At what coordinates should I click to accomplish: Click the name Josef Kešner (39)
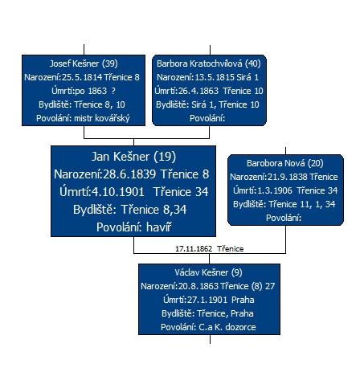click(84, 63)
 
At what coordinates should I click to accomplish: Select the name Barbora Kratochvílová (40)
click(209, 63)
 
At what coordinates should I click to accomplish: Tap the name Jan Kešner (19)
click(133, 157)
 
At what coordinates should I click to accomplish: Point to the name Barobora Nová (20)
click(285, 163)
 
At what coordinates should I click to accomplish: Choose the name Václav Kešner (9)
click(208, 272)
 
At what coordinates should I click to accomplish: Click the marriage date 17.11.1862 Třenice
click(210, 249)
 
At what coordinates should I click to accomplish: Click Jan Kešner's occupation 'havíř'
click(158, 227)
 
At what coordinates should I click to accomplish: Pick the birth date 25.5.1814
click(82, 77)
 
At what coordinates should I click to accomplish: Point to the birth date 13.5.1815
click(214, 77)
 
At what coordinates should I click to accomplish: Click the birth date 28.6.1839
click(129, 174)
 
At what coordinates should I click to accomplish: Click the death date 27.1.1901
click(207, 300)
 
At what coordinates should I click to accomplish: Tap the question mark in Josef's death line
click(113, 91)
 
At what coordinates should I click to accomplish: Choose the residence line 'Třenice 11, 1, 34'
click(302, 204)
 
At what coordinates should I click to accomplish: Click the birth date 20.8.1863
click(198, 286)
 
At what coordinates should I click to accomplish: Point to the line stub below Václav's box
click(210, 339)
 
